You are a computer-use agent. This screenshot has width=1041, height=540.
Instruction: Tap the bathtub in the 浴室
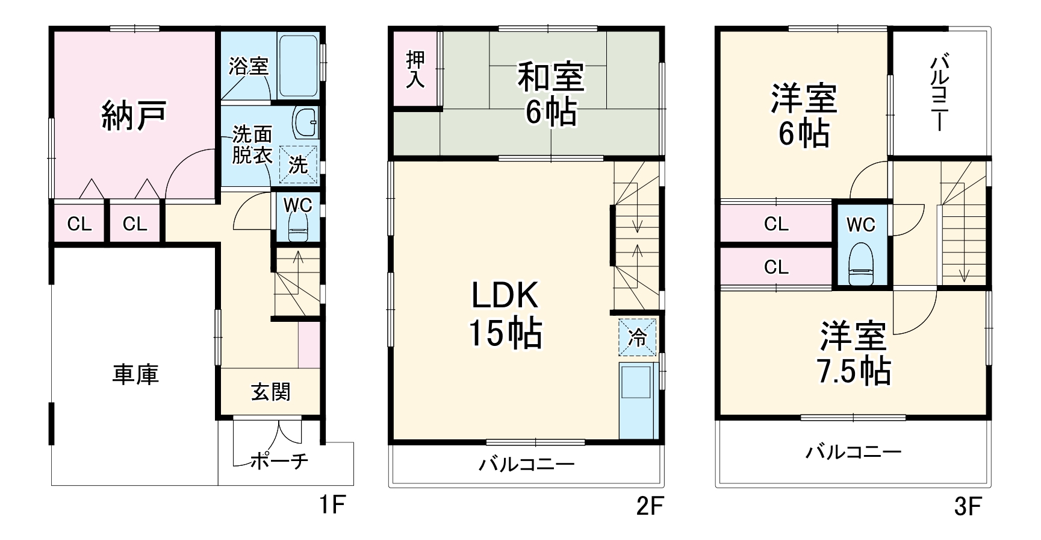298,65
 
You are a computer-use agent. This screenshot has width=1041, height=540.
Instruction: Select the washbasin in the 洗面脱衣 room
306,123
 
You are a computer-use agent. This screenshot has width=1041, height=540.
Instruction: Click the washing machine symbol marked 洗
298,164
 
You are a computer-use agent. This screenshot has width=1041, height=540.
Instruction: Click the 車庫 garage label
135,374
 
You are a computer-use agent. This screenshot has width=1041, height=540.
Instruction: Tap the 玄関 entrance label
271,392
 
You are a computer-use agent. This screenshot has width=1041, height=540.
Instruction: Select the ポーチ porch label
278,462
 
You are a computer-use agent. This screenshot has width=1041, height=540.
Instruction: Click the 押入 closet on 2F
415,69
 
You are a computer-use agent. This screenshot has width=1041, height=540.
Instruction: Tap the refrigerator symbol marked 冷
637,337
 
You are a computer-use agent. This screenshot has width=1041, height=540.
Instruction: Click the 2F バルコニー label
527,464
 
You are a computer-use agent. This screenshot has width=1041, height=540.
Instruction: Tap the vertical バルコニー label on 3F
939,93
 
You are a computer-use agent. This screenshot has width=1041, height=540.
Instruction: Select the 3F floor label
968,506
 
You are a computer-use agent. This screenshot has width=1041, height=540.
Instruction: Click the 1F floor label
331,505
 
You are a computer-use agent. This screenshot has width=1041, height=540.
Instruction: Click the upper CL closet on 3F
775,224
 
